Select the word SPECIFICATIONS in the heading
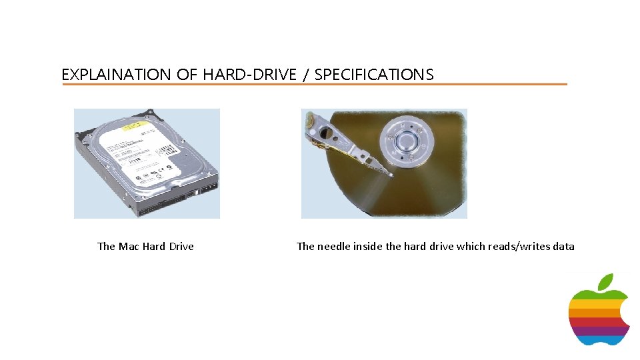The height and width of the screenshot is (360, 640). pyautogui.click(x=373, y=75)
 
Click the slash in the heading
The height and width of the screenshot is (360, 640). pyautogui.click(x=305, y=75)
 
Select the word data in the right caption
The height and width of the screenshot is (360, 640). pyautogui.click(x=563, y=247)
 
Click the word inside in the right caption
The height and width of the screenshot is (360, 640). pyautogui.click(x=368, y=247)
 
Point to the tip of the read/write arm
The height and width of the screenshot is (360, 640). pyautogui.click(x=389, y=174)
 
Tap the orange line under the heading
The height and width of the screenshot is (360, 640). pyautogui.click(x=314, y=85)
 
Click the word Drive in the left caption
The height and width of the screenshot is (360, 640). pyautogui.click(x=181, y=247)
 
